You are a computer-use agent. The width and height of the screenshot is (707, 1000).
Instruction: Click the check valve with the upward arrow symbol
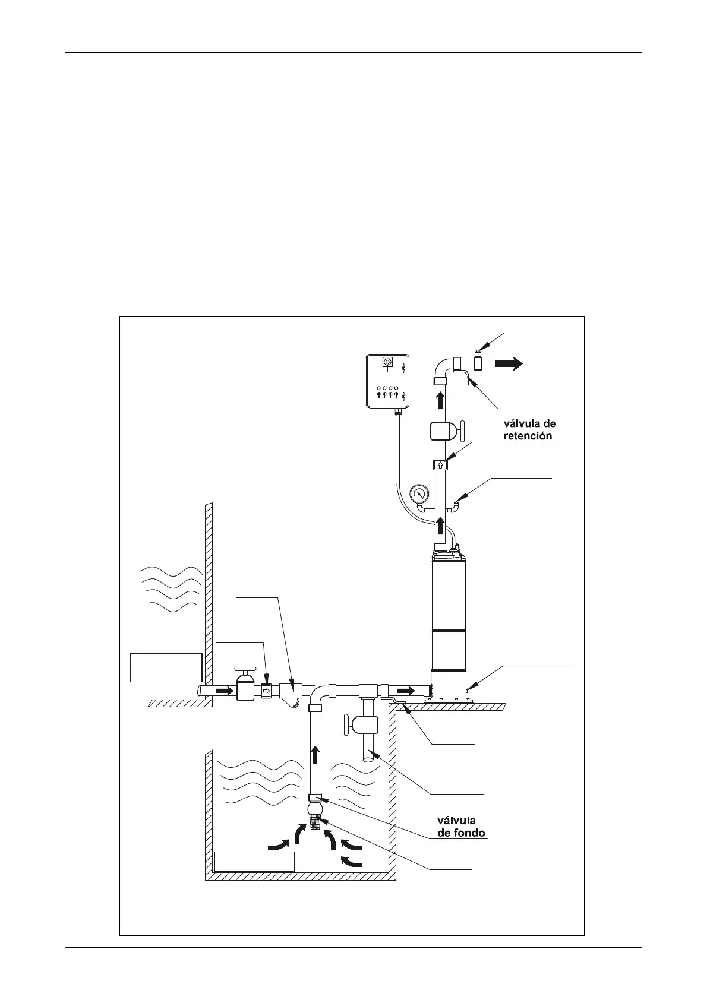440,464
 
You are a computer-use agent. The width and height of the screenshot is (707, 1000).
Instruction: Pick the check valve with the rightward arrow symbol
266,691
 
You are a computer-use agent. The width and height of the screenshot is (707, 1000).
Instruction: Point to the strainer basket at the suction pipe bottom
315,824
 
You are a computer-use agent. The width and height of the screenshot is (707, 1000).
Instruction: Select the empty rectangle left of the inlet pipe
166,667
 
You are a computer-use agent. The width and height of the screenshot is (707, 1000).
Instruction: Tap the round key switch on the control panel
388,362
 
